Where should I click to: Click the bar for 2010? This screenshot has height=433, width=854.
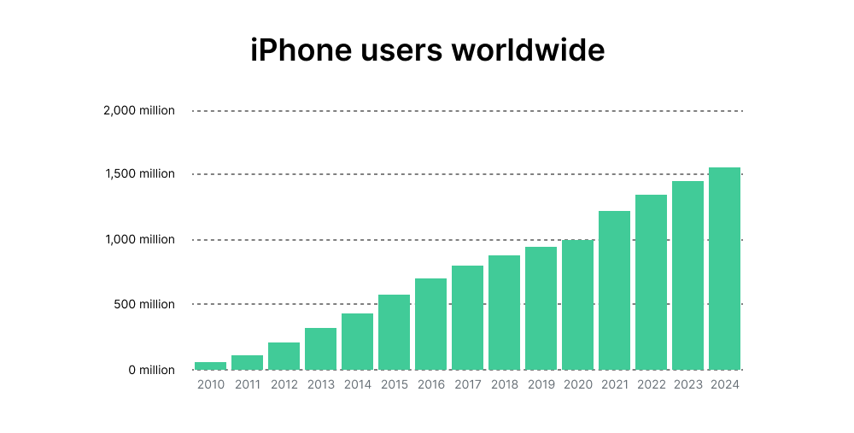[211, 366]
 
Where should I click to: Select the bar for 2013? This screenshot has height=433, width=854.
[320, 348]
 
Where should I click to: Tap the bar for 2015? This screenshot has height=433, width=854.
[394, 332]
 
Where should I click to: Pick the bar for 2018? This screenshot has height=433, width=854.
[504, 313]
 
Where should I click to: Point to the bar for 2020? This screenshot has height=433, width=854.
[577, 305]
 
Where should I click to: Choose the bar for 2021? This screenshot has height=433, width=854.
[614, 290]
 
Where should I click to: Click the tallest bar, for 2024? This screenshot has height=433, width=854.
[724, 268]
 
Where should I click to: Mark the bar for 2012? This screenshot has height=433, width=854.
[284, 356]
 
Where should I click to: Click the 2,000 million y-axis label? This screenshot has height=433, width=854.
[139, 110]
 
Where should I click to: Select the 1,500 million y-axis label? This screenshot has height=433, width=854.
[141, 174]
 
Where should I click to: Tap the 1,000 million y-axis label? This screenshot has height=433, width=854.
[141, 240]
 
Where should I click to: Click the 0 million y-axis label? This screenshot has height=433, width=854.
[152, 370]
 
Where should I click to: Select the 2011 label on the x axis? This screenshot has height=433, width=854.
[248, 385]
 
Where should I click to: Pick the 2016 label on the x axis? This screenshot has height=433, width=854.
[431, 385]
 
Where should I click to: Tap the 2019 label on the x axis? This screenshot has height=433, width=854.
[541, 385]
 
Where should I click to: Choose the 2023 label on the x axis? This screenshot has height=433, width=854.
[687, 385]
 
